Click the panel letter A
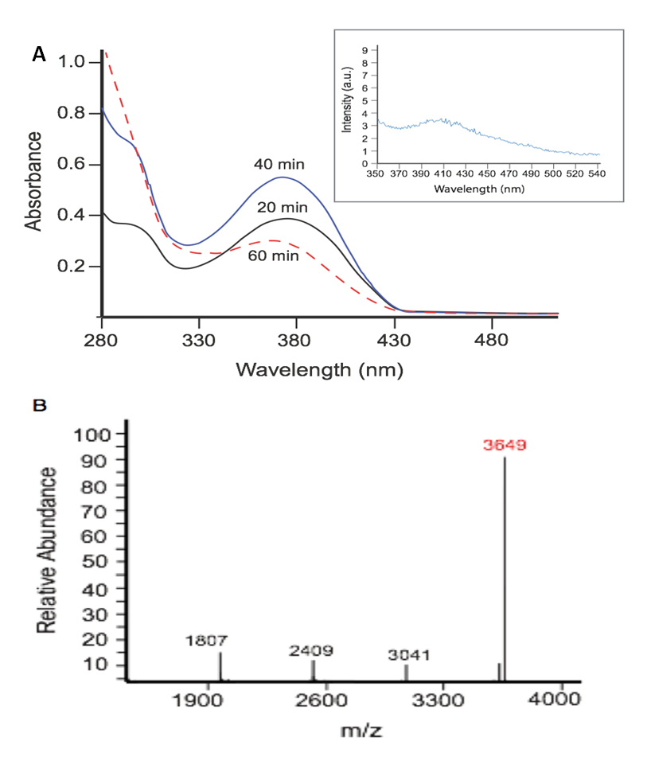pos(38,55)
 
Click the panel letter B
pos(39,405)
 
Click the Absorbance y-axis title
pos(34,181)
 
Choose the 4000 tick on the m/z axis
pos(556,703)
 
